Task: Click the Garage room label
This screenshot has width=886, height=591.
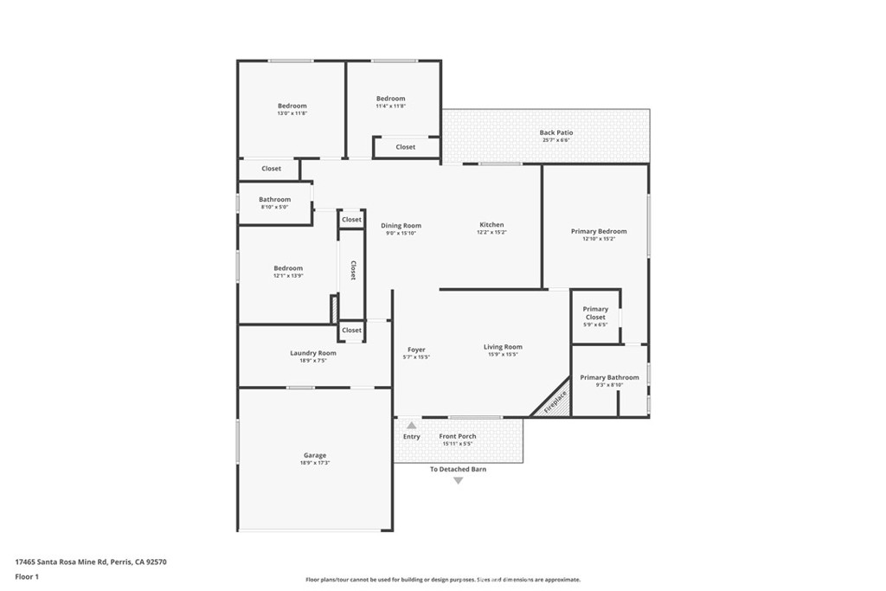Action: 315,455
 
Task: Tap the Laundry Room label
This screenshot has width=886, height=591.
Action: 313,353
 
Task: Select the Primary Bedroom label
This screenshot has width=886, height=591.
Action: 599,231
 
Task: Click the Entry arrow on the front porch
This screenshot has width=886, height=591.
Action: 412,426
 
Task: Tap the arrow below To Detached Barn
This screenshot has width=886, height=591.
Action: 459,480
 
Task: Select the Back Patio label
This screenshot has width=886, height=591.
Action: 556,132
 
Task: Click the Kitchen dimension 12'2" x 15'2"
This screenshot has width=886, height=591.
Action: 491,233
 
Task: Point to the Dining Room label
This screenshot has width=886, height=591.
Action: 401,226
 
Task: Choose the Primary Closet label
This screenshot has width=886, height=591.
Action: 595,313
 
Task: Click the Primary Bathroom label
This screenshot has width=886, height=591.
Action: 609,377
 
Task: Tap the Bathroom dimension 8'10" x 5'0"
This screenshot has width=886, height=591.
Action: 274,207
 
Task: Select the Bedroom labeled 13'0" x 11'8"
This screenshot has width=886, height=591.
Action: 292,106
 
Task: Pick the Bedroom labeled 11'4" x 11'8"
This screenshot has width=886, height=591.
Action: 390,99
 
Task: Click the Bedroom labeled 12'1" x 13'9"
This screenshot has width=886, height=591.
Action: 288,268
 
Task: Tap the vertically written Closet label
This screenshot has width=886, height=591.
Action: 353,271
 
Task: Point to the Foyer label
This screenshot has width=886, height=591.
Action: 416,350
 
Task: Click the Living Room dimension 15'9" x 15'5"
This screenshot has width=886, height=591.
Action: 503,355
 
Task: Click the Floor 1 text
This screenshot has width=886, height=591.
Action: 27,576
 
